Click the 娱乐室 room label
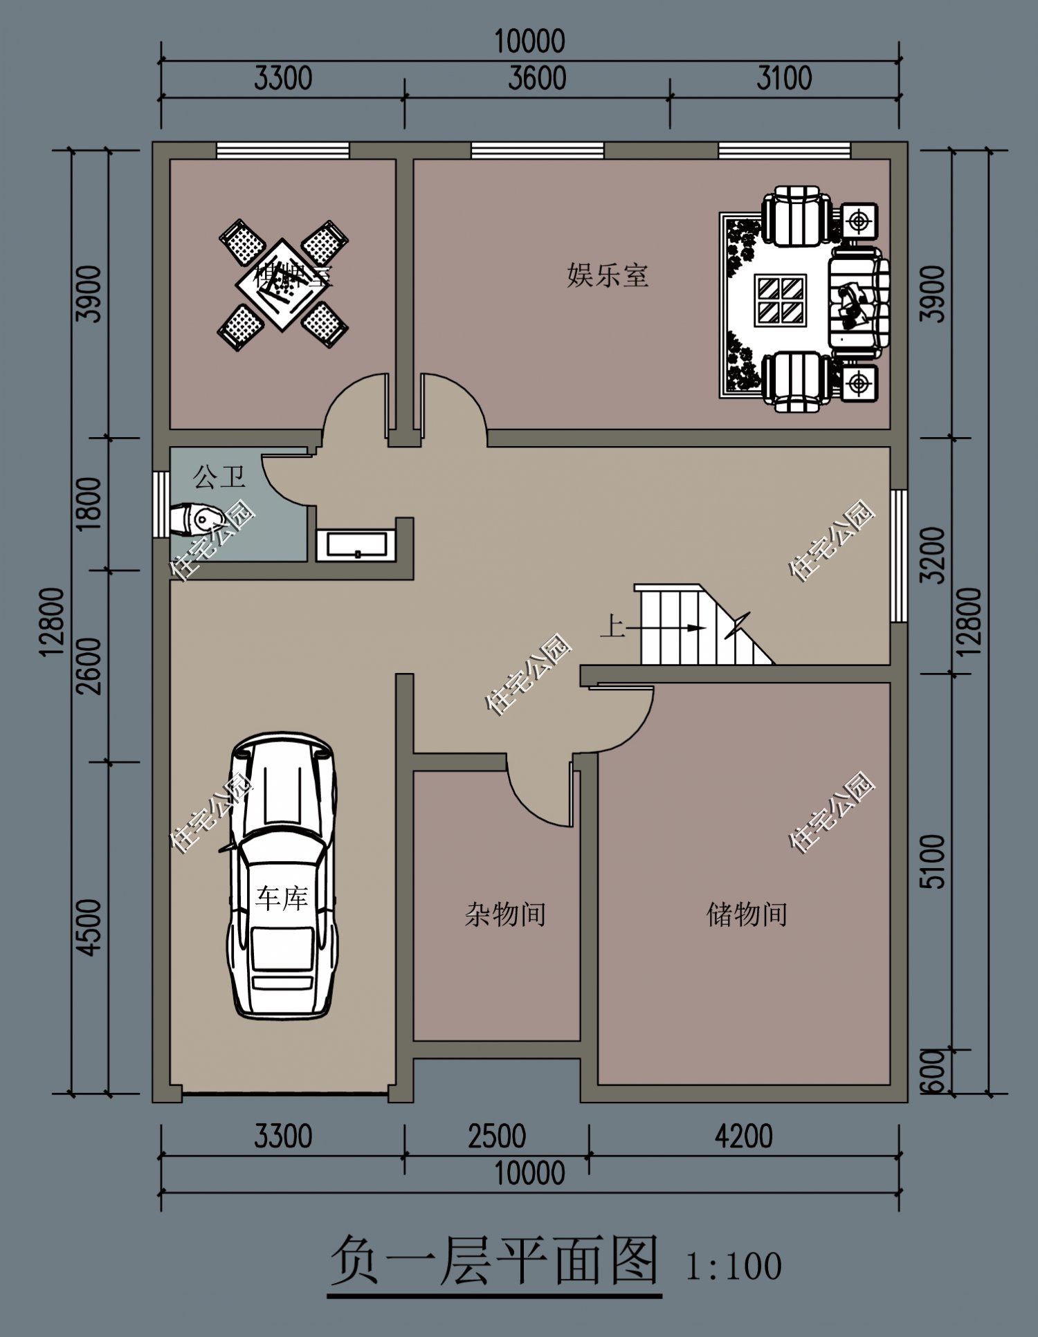tap(607, 275)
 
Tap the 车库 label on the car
tap(281, 898)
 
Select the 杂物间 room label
tap(505, 914)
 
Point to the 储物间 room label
tap(746, 914)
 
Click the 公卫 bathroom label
tap(219, 477)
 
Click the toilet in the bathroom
tap(197, 519)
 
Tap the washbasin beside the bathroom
tap(356, 544)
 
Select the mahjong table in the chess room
tap(282, 284)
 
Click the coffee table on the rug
tap(781, 299)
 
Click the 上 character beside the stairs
tap(612, 627)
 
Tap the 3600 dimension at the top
tap(536, 78)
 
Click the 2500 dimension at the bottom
tap(496, 1137)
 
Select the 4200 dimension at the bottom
tap(743, 1137)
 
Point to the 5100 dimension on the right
tap(934, 861)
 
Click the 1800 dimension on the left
tap(90, 504)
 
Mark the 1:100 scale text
tap(733, 1266)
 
